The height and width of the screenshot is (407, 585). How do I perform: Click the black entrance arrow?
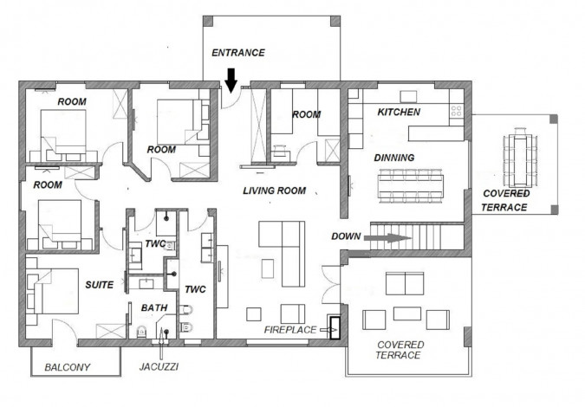[231, 81]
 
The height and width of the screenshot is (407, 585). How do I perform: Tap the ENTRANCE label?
[238, 53]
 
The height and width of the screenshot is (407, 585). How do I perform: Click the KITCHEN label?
[399, 112]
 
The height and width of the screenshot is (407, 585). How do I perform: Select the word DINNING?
[394, 158]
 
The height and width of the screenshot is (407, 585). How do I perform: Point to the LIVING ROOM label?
[274, 191]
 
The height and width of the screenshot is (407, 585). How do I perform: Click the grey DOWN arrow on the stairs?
[387, 238]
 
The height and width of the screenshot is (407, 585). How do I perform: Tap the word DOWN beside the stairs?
[346, 236]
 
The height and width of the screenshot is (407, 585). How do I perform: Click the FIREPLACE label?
[290, 330]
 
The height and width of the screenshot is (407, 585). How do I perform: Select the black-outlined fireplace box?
[335, 327]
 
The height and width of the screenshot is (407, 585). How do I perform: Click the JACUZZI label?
[159, 367]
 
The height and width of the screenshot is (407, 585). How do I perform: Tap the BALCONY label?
[67, 367]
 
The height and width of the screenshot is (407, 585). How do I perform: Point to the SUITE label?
[100, 285]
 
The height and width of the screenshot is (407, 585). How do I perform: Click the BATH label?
[154, 308]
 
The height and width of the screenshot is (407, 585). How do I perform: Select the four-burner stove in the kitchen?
[456, 111]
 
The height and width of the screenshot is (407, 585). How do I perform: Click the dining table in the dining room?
[411, 186]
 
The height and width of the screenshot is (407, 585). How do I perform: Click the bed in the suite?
[56, 291]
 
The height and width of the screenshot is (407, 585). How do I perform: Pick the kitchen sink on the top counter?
[408, 96]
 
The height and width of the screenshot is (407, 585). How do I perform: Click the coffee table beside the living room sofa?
[268, 268]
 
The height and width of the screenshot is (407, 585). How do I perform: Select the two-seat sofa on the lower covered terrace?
[405, 283]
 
